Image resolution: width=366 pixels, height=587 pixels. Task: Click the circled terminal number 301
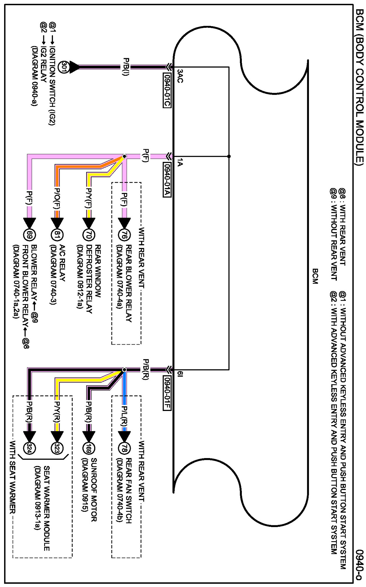tap(64, 67)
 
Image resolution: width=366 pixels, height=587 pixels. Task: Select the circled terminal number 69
tap(29, 235)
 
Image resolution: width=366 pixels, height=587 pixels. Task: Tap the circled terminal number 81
tap(57, 235)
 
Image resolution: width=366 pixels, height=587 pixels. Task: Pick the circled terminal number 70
tap(89, 235)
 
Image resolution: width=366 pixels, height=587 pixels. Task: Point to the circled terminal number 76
tap(124, 235)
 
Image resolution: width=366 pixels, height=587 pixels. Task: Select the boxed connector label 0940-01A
tap(167, 180)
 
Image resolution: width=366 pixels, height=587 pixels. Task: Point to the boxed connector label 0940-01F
tap(167, 393)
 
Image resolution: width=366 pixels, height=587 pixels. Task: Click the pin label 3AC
tap(180, 76)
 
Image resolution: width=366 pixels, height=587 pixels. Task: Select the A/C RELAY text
tap(62, 263)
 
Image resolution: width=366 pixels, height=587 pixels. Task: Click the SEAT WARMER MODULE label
tap(47, 508)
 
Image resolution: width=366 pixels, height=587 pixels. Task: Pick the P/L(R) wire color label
tap(124, 415)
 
